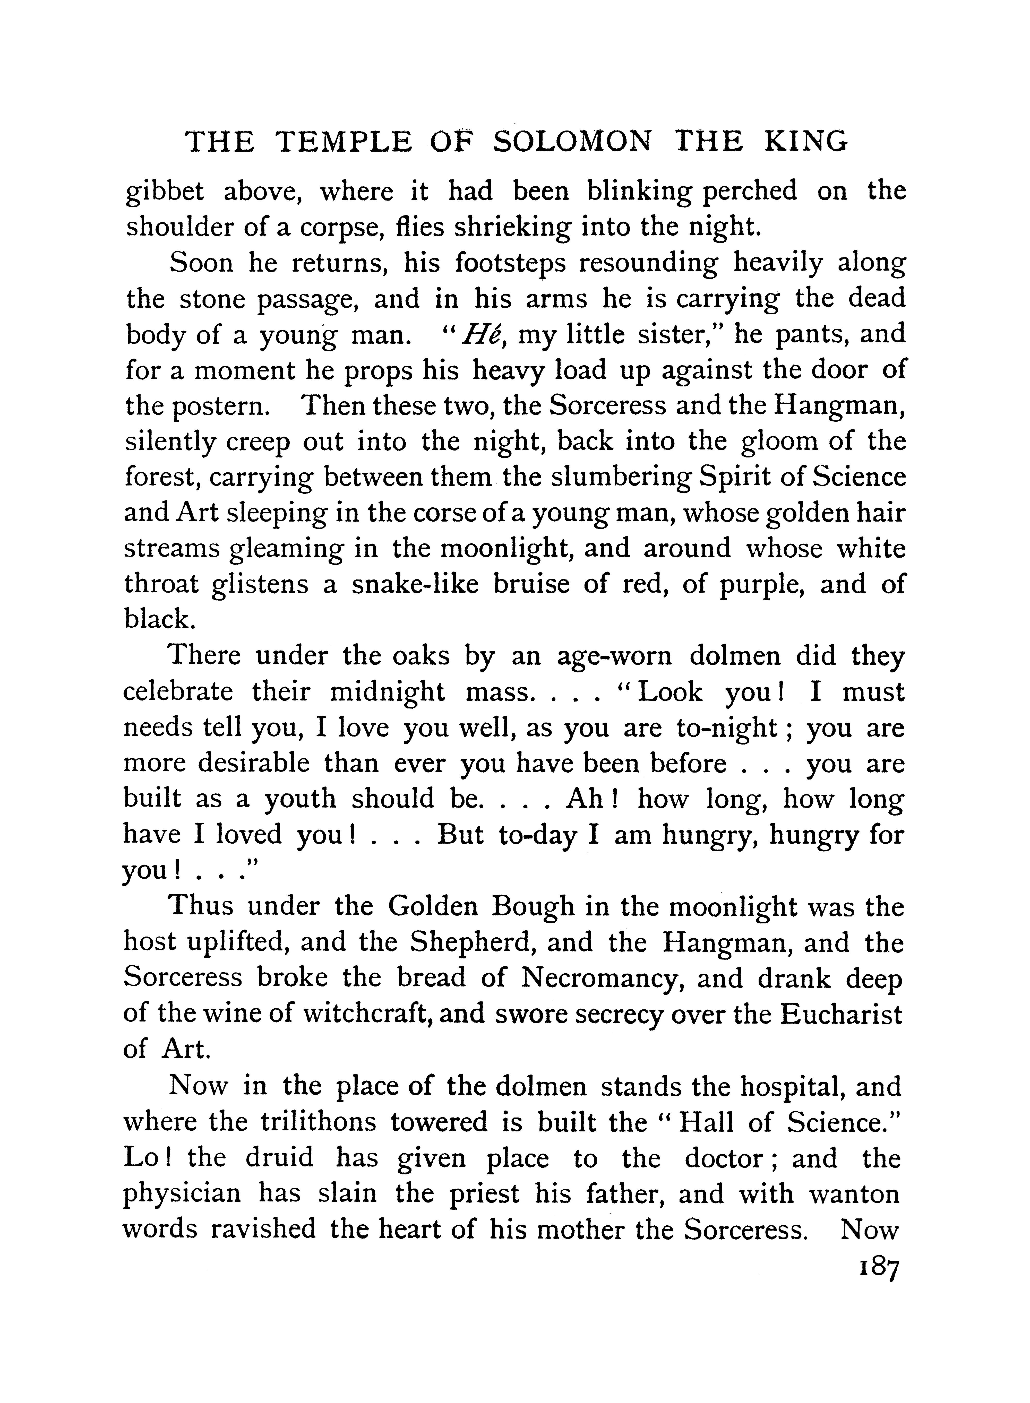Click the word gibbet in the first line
(x=165, y=191)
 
